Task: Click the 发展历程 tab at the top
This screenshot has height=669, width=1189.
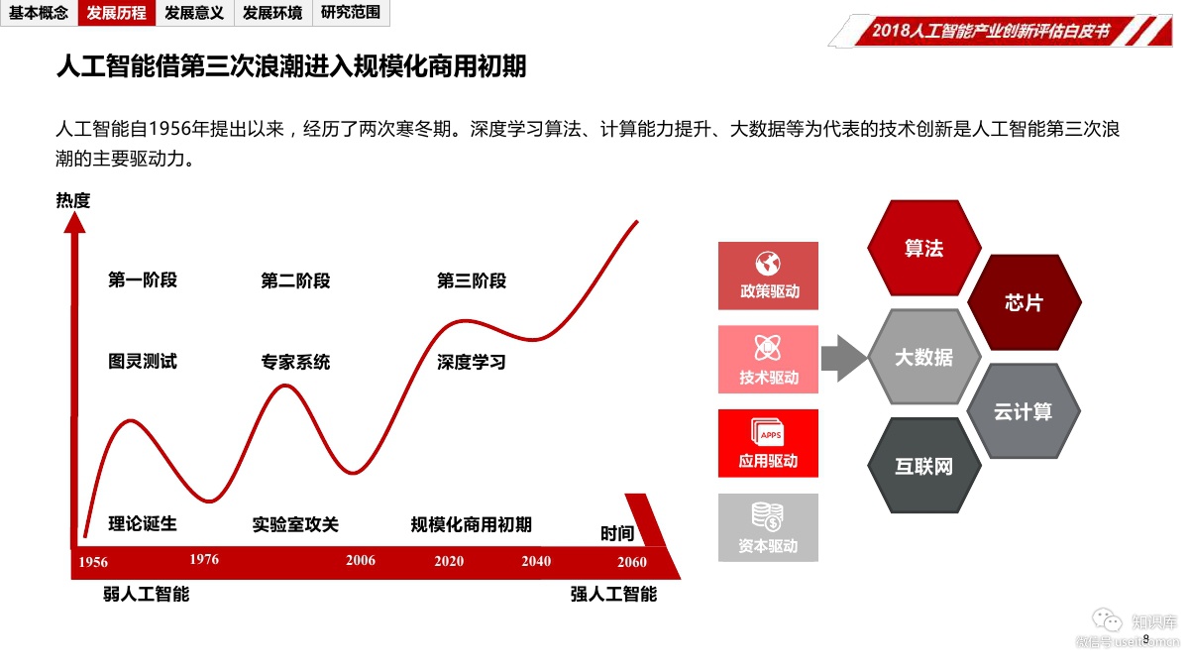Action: click(116, 13)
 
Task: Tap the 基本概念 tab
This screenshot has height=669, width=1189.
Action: click(39, 13)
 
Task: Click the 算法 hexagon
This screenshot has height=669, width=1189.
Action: click(923, 248)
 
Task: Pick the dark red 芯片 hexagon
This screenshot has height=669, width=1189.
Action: click(1023, 302)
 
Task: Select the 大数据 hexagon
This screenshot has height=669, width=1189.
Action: click(923, 357)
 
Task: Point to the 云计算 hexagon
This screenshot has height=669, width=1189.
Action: click(1023, 411)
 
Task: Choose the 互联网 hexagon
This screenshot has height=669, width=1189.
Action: click(923, 466)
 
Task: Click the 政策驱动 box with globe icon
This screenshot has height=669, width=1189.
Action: click(768, 276)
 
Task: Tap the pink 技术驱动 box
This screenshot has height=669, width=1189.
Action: click(768, 360)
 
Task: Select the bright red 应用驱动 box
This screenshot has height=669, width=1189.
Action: click(768, 444)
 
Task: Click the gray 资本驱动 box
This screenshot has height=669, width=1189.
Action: click(768, 528)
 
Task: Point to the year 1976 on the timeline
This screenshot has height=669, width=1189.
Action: click(204, 559)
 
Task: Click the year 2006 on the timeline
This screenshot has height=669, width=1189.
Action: click(361, 560)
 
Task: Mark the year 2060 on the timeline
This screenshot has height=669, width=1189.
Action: click(631, 562)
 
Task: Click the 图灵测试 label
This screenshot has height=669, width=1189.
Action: click(143, 362)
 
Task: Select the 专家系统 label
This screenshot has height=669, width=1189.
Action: click(295, 363)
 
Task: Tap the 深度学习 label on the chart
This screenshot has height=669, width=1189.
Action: click(471, 363)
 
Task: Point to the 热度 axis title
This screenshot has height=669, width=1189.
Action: click(73, 201)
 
